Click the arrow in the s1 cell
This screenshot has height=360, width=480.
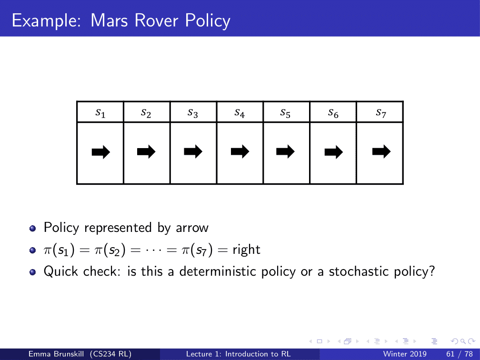(x=100, y=152)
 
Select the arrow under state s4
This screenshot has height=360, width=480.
(x=240, y=152)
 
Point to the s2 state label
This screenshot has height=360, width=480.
(x=146, y=113)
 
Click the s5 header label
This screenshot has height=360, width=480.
(x=286, y=113)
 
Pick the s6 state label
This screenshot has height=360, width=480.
(x=333, y=113)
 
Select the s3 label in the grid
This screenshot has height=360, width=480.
(x=193, y=113)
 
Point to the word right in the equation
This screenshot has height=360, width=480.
(x=246, y=250)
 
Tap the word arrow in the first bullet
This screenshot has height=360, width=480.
(x=192, y=228)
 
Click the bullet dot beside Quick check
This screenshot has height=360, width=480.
(x=32, y=272)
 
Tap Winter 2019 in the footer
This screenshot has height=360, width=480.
(x=405, y=354)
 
